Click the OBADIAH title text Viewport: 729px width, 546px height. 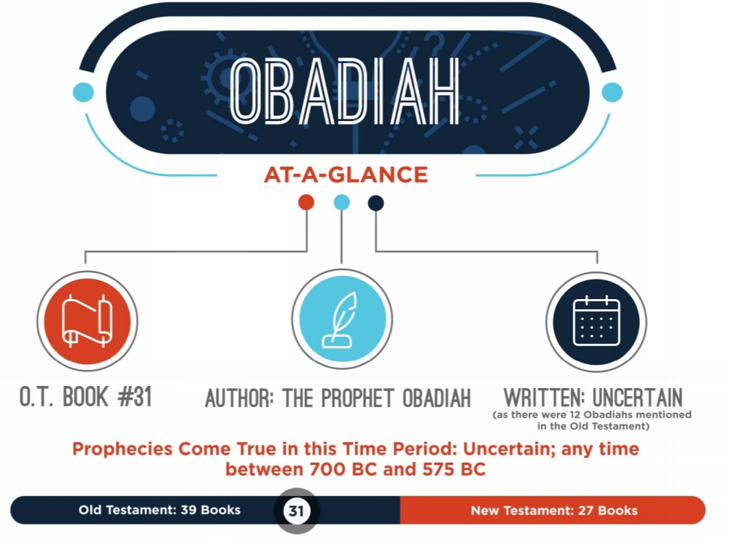(x=344, y=91)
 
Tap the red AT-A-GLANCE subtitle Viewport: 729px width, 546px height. (x=346, y=175)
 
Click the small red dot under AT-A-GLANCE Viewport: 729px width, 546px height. (x=306, y=202)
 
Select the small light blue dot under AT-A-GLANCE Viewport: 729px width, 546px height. (x=342, y=202)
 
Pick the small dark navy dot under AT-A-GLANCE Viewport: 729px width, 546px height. (x=375, y=203)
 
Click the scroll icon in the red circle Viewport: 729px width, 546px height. (x=87, y=321)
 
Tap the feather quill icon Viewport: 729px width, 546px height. (x=341, y=320)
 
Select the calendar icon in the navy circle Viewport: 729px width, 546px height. (x=596, y=322)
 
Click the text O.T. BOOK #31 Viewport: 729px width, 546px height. (x=86, y=397)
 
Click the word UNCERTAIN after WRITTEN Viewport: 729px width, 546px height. (x=638, y=398)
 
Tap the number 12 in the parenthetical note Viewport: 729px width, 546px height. (x=575, y=414)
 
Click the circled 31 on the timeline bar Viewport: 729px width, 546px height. (x=296, y=511)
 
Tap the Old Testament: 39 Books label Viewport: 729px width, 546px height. (x=159, y=511)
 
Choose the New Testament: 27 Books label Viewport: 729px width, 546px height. (x=554, y=511)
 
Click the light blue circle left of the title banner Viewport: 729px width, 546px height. (x=83, y=91)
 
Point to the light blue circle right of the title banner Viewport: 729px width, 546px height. (x=612, y=92)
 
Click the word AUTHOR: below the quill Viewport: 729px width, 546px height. (x=240, y=399)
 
